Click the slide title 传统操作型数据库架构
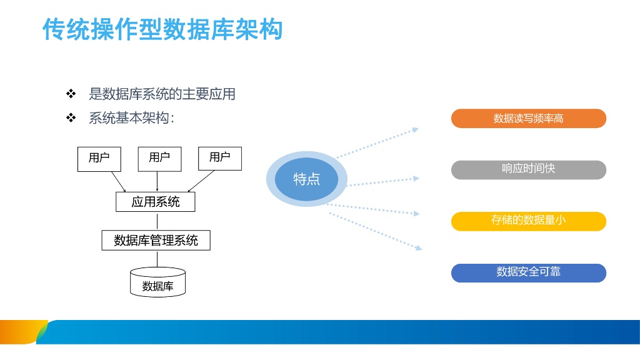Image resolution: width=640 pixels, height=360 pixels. click(162, 29)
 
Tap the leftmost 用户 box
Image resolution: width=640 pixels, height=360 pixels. click(99, 159)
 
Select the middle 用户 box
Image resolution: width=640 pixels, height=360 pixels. click(159, 159)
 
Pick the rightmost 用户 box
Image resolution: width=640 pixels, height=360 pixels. click(220, 159)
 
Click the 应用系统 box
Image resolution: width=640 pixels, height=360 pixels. click(156, 202)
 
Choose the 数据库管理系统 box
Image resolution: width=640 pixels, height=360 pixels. click(156, 241)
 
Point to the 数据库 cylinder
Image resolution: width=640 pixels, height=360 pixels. click(157, 282)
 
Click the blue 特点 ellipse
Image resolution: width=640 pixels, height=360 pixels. click(306, 179)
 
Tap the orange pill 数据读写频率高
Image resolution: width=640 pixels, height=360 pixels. click(529, 119)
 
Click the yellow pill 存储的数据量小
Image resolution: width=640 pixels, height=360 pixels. click(529, 221)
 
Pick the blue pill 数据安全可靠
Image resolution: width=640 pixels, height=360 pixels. click(529, 272)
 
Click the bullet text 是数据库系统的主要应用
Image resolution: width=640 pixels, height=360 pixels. click(162, 94)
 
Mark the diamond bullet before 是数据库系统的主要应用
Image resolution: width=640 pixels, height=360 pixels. click(71, 94)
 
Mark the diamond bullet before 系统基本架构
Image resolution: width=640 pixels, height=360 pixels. click(71, 117)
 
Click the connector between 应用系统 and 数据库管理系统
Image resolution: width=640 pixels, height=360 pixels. click(157, 221)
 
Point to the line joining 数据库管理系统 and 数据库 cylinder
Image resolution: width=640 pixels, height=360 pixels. click(157, 259)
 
